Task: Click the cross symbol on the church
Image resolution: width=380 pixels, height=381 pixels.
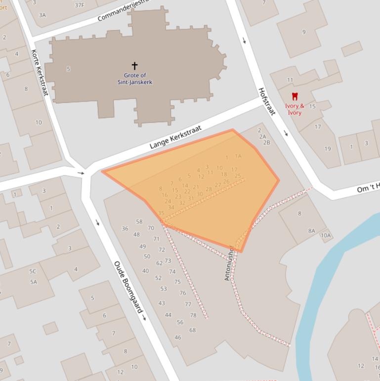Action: click(x=134, y=65)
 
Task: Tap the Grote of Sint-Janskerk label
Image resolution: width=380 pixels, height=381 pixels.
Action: click(x=134, y=79)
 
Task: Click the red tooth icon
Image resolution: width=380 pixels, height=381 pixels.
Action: click(x=295, y=96)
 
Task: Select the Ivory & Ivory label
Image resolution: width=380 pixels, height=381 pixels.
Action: click(x=295, y=109)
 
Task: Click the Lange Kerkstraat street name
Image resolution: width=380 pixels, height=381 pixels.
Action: click(x=175, y=137)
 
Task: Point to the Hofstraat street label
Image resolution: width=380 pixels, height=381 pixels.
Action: click(x=267, y=102)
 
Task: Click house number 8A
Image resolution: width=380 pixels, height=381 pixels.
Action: click(x=312, y=231)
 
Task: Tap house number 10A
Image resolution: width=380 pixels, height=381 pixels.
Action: click(x=326, y=236)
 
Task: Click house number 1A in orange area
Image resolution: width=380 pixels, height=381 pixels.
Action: click(x=238, y=156)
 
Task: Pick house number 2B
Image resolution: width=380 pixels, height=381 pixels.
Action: click(x=267, y=143)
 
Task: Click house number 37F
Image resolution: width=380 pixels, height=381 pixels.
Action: click(x=79, y=5)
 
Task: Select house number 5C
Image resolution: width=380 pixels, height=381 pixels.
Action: click(x=33, y=271)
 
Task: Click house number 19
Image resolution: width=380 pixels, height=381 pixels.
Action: click(x=328, y=148)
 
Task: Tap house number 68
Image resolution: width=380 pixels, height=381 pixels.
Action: click(x=192, y=330)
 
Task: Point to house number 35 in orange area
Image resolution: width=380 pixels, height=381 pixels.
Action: click(x=161, y=213)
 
